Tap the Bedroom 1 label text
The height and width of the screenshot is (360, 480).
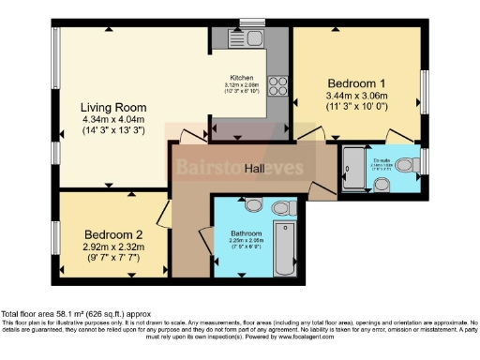(x=352, y=82)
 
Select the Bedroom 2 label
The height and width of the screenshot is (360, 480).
(x=112, y=233)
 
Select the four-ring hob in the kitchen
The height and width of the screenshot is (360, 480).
(x=277, y=86)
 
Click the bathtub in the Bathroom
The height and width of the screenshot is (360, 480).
(x=283, y=243)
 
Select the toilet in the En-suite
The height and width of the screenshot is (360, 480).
(x=405, y=166)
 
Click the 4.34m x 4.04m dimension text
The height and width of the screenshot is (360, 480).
(x=111, y=120)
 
